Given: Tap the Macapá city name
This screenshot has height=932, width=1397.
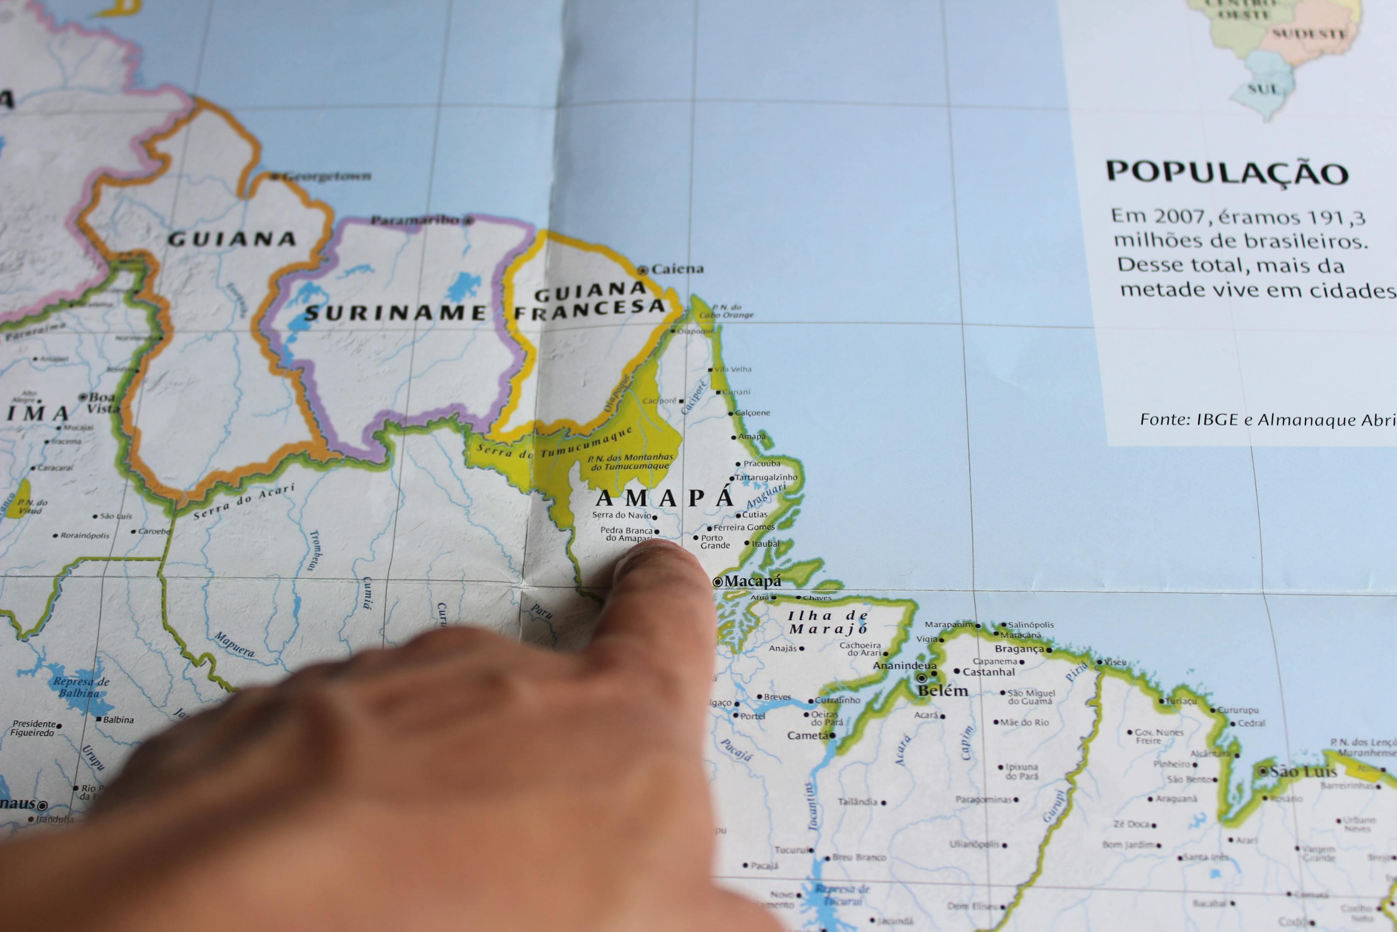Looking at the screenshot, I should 752,581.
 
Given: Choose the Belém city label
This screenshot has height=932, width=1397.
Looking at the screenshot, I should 943,691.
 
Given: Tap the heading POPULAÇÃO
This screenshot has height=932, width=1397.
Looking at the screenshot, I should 1227,172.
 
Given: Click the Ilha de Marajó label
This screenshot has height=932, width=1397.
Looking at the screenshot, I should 828,622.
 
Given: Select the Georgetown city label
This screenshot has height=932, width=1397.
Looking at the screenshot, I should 326,176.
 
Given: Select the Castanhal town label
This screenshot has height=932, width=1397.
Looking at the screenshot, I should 988,672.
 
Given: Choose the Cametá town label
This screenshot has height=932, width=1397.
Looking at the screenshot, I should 807,735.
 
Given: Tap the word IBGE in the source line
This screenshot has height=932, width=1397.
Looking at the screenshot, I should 1218,420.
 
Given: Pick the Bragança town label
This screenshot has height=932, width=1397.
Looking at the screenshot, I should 1019,649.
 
